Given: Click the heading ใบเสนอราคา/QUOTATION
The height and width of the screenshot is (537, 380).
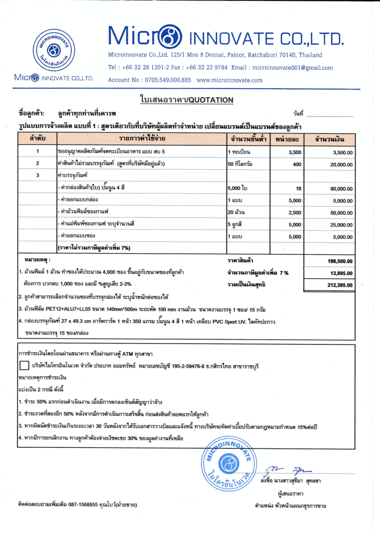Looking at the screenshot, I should point(186,100).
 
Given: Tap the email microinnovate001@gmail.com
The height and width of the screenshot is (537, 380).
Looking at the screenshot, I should point(292,68).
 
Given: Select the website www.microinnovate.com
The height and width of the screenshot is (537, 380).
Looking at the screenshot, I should point(230,80).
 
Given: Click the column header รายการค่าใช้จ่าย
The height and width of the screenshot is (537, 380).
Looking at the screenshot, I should point(142,138).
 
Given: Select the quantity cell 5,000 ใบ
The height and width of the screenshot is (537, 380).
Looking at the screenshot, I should point(238,188).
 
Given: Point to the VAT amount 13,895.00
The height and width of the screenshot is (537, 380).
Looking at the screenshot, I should point(340,273).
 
